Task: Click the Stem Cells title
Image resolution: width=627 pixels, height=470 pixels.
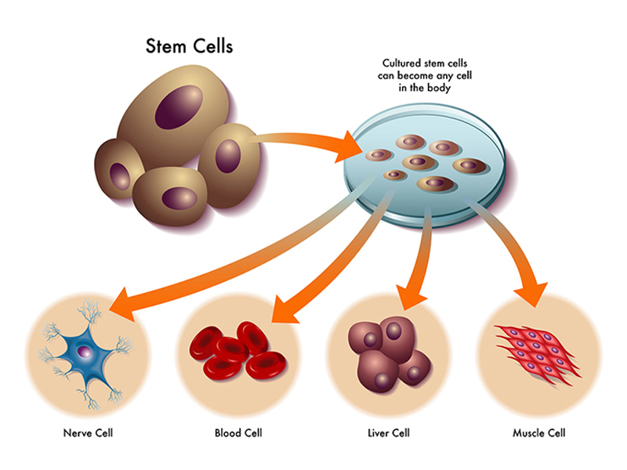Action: (x=189, y=46)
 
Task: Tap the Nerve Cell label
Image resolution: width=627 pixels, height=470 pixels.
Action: (x=88, y=433)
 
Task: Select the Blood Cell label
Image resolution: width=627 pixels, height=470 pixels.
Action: (x=238, y=433)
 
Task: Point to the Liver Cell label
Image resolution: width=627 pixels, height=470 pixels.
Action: (x=389, y=433)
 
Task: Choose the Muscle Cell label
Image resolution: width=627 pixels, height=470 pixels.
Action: (x=539, y=433)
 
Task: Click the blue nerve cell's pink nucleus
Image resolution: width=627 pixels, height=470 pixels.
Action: (x=85, y=352)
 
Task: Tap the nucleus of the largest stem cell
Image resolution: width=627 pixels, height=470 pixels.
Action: (x=179, y=107)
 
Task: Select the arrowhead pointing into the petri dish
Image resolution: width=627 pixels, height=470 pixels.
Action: (x=348, y=147)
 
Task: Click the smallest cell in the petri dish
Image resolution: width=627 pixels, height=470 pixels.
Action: (x=395, y=175)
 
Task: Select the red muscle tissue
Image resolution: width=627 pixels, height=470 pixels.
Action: (x=538, y=353)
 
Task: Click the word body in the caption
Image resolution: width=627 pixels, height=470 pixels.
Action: (x=439, y=88)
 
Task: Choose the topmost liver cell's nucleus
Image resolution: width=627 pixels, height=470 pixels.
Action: (x=394, y=330)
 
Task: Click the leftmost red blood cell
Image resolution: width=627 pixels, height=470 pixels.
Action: (x=207, y=342)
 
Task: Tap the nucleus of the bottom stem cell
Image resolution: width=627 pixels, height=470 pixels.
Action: (x=179, y=198)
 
